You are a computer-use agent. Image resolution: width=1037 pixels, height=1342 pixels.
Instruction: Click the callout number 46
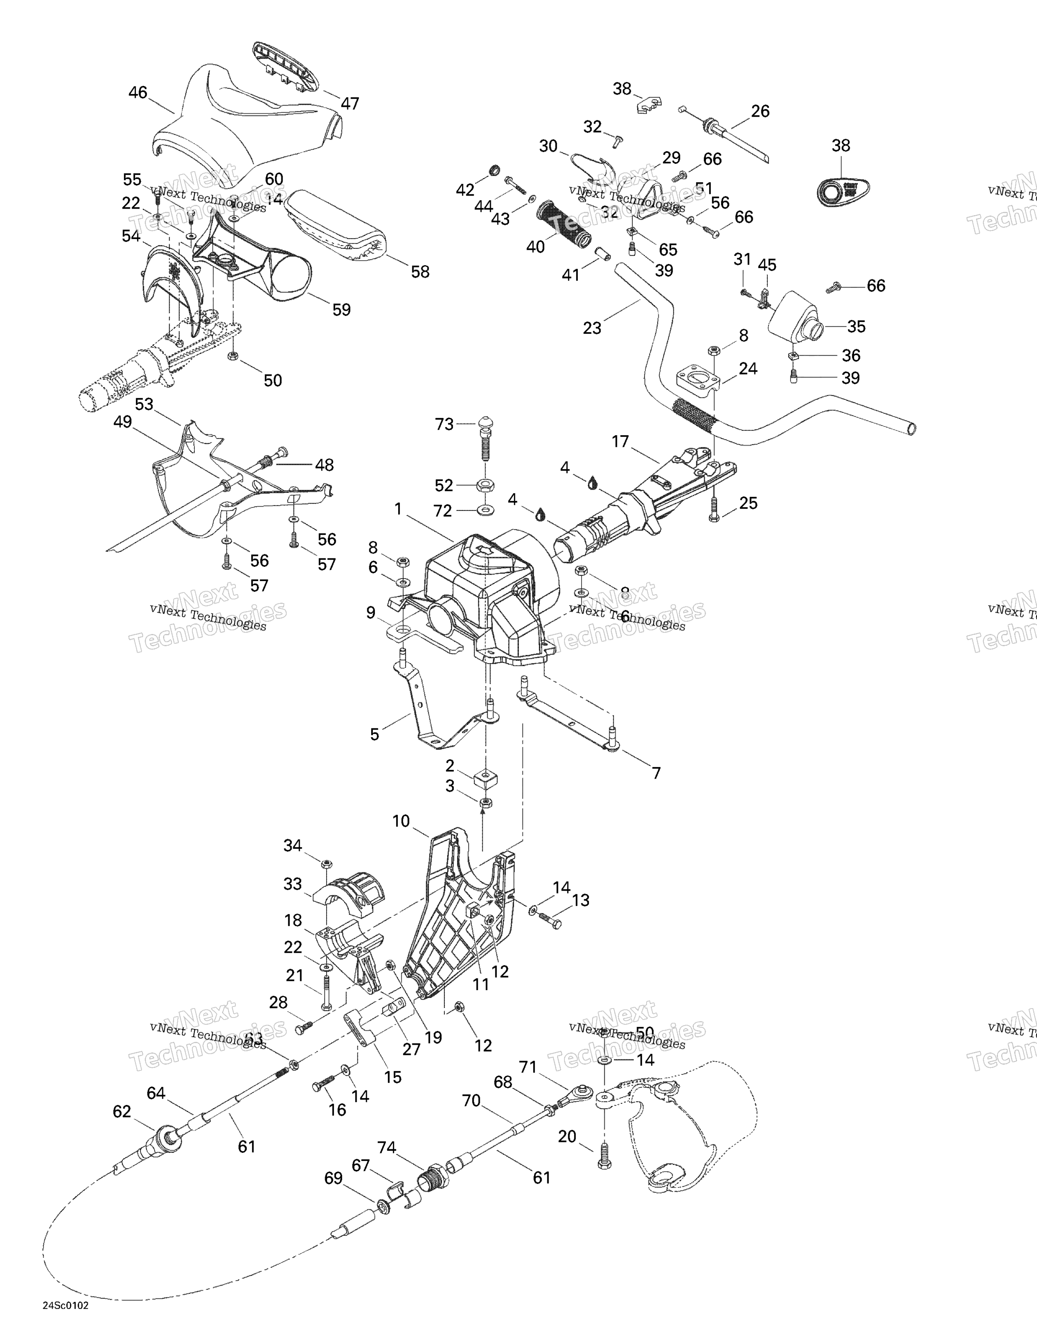pos(137,92)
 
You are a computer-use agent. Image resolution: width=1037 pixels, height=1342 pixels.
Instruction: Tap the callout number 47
pos(350,104)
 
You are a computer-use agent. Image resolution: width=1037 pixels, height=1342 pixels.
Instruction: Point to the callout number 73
pos(444,424)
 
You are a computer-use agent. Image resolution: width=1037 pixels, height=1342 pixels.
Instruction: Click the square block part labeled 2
pos(485,781)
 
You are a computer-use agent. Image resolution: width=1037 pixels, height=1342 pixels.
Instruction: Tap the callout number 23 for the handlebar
pos(592,328)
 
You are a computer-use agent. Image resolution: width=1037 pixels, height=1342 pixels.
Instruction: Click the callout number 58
pos(420,272)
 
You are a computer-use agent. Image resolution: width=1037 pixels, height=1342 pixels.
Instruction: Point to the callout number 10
pos(401,821)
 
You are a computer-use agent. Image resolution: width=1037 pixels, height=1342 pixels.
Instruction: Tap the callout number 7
pos(656,773)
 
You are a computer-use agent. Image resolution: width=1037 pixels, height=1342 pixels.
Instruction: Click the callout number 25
pos(748,503)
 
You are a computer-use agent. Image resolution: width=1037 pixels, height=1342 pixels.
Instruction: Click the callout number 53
pos(144,404)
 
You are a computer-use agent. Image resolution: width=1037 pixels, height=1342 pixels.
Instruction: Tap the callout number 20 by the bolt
pos(567,1136)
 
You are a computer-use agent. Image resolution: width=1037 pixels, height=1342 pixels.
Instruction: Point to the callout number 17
pos(621,441)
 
